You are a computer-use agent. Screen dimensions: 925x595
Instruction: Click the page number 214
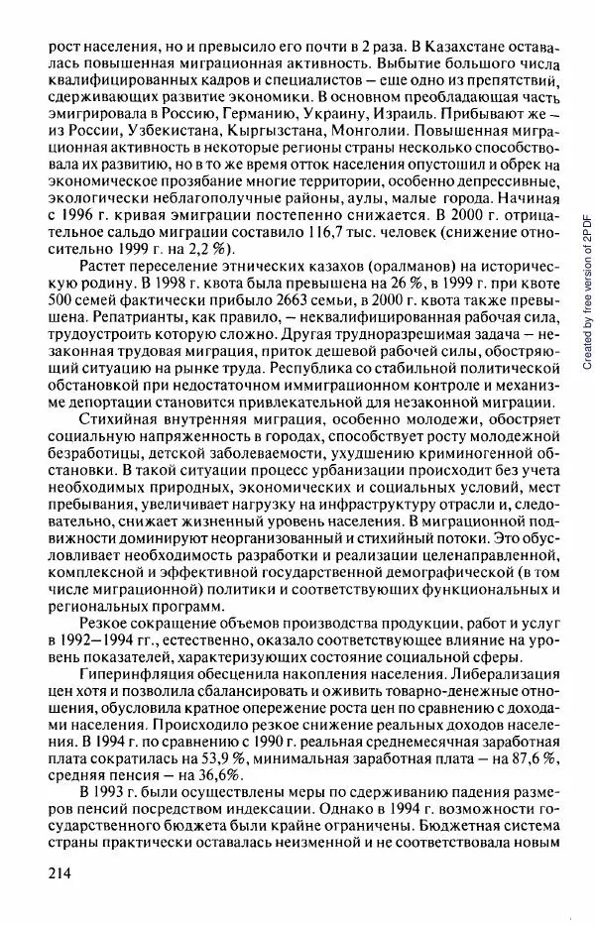point(56,871)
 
